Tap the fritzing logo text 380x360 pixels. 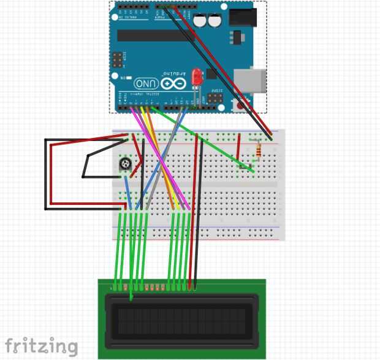pos(42,347)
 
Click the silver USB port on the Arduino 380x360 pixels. pos(254,80)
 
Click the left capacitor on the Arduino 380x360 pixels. pos(200,21)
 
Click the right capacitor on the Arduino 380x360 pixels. pos(214,21)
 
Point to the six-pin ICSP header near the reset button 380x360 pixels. pos(216,97)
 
